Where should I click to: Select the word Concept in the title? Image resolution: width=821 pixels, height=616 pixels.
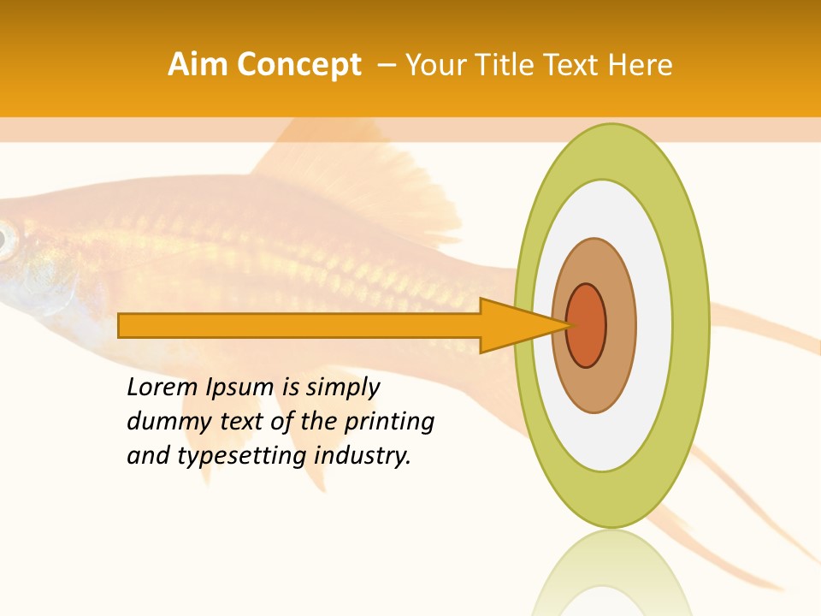coord(298,65)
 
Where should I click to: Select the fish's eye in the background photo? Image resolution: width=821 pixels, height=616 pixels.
coord(5,240)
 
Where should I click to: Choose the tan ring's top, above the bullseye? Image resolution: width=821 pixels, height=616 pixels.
coord(594,260)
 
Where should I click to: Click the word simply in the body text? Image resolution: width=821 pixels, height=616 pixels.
coord(343,388)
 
